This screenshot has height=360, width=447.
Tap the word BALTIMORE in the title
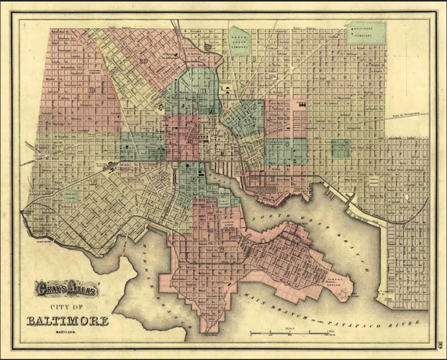point(68,320)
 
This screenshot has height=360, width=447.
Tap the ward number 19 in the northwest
point(144,60)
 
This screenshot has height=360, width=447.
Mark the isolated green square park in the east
point(340,148)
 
